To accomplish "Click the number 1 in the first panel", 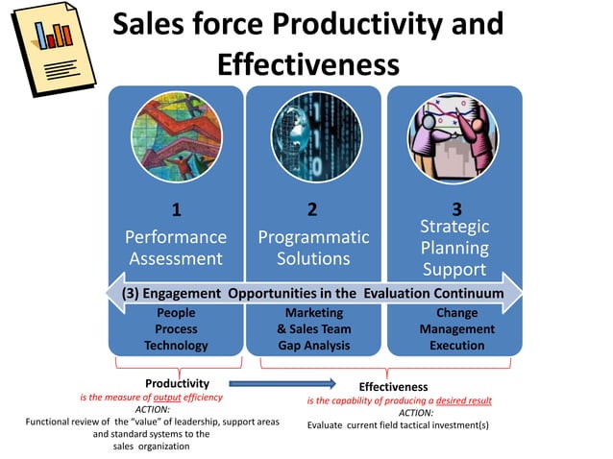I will [176, 209].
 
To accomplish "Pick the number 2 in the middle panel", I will [312, 209].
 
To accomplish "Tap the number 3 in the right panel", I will [455, 208].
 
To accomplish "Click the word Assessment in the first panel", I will [176, 258].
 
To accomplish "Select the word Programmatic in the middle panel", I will [313, 237].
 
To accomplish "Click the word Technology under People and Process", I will [176, 346].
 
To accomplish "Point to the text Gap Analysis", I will [313, 346].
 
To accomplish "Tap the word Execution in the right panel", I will [456, 346].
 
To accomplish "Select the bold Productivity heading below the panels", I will [177, 383].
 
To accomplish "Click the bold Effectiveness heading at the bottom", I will [393, 387].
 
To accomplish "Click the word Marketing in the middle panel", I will [313, 313].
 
